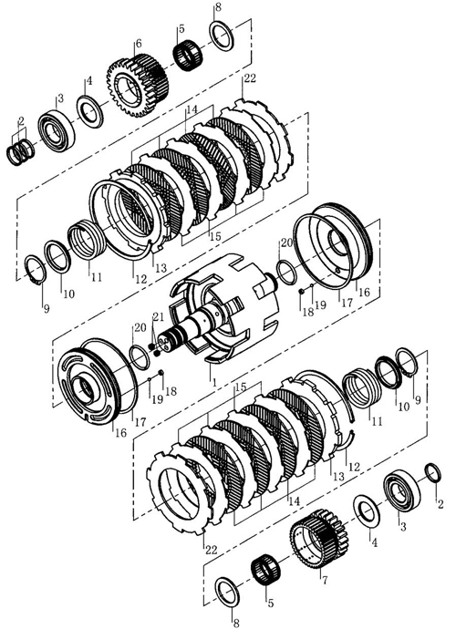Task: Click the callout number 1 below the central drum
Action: [x=214, y=382]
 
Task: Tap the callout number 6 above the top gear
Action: [x=139, y=44]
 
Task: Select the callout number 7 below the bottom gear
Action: [x=325, y=580]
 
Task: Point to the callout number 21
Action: [x=158, y=317]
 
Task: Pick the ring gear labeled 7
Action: [x=319, y=538]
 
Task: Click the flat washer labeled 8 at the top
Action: [x=222, y=36]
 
